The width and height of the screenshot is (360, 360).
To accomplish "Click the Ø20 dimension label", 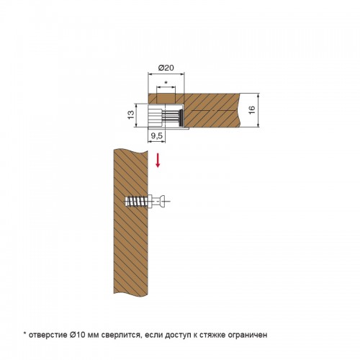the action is click(x=166, y=68).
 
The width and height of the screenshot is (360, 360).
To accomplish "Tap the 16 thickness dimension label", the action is click(x=252, y=110).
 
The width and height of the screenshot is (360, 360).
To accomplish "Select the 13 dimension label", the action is click(x=131, y=114).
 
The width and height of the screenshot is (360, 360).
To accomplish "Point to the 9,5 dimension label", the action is click(x=156, y=136).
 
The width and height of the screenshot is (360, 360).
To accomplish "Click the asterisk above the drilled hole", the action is click(x=166, y=83).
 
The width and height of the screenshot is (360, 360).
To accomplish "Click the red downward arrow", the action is click(x=158, y=161).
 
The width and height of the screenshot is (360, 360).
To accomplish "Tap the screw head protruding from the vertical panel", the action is click(x=161, y=202).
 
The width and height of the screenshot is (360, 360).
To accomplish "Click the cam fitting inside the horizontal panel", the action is click(x=166, y=115).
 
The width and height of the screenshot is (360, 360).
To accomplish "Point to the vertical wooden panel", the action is click(x=130, y=222).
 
